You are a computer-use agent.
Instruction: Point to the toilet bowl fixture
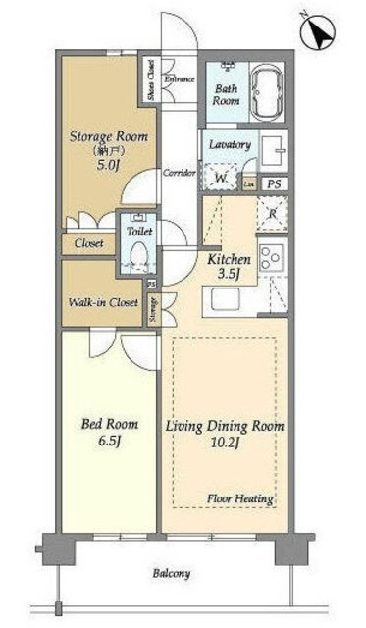click(138, 257)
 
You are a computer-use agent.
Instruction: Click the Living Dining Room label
click(225, 427)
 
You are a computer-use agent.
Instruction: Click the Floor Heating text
click(239, 498)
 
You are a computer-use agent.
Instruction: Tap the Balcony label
click(172, 574)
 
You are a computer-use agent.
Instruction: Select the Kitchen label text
click(229, 260)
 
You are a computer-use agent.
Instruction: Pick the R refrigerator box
click(271, 212)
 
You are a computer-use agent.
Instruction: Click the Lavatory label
click(230, 144)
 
